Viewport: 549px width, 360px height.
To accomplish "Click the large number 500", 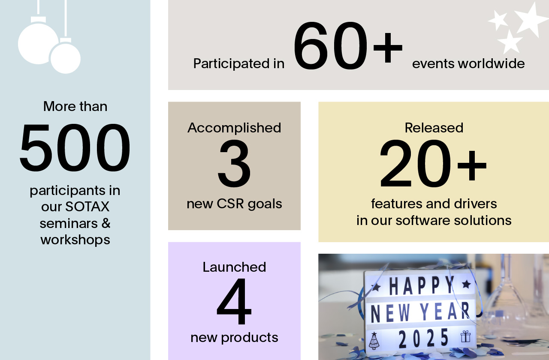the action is (x=75, y=148).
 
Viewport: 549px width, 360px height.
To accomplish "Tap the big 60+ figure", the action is (x=348, y=46).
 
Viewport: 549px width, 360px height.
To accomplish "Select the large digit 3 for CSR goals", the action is (x=234, y=163).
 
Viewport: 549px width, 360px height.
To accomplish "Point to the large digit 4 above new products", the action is (x=234, y=301).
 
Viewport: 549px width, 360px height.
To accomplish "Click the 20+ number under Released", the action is (x=433, y=163).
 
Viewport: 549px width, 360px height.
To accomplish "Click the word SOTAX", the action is (x=87, y=207).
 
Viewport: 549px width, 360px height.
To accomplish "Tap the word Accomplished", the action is (x=234, y=128).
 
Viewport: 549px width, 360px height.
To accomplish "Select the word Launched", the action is (x=234, y=267).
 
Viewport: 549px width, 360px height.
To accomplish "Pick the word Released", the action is (x=434, y=128).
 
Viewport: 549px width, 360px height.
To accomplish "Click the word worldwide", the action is (x=492, y=63).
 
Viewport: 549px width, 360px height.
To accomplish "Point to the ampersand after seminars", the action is (x=106, y=223).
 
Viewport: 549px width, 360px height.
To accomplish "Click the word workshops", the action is (x=75, y=240).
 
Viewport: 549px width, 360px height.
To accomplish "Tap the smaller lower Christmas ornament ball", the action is (x=65, y=58).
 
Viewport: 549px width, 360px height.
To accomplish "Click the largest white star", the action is (x=530, y=20).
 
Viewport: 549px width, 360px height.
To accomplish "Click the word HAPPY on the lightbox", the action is (x=422, y=285).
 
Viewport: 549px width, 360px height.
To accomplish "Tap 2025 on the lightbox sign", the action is (x=424, y=338).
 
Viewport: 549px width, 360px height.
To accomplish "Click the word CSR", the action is (x=230, y=204).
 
